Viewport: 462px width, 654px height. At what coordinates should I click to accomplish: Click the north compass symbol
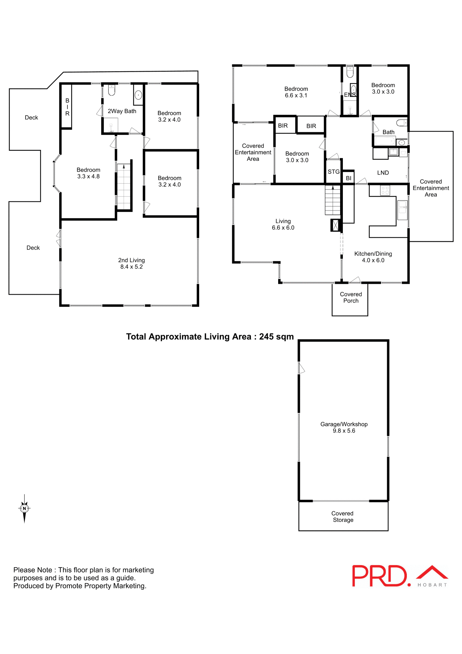click(x=24, y=508)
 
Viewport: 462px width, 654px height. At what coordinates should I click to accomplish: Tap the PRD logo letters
click(x=379, y=576)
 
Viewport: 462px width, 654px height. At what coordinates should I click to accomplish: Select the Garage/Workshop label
click(x=344, y=427)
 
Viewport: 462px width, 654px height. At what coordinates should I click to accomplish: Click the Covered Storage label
click(x=342, y=516)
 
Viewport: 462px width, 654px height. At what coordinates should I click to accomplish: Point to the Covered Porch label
click(x=351, y=297)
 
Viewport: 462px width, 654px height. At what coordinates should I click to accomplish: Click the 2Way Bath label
click(x=122, y=111)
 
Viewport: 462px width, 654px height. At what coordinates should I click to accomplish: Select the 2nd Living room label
click(x=131, y=263)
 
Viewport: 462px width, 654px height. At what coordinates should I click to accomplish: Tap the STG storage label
click(x=333, y=172)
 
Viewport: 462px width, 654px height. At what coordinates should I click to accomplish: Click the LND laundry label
click(x=383, y=173)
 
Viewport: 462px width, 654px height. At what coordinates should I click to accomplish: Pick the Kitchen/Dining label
click(x=373, y=257)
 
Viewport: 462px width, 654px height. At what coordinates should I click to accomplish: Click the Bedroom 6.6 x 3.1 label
click(x=296, y=92)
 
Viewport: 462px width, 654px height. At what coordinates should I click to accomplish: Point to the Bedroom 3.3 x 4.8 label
click(x=88, y=173)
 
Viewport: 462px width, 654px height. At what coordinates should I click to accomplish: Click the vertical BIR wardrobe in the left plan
click(x=67, y=107)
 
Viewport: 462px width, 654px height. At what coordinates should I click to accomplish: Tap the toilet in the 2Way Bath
click(x=112, y=90)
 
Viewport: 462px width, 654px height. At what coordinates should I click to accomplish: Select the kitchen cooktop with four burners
click(x=385, y=190)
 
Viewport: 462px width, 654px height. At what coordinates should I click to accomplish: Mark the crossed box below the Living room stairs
click(x=335, y=225)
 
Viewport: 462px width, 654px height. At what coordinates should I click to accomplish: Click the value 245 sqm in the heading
click(x=276, y=337)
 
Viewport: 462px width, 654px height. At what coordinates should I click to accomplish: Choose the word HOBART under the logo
click(x=432, y=585)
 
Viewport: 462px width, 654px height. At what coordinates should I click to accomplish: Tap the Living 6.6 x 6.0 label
click(x=283, y=224)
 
